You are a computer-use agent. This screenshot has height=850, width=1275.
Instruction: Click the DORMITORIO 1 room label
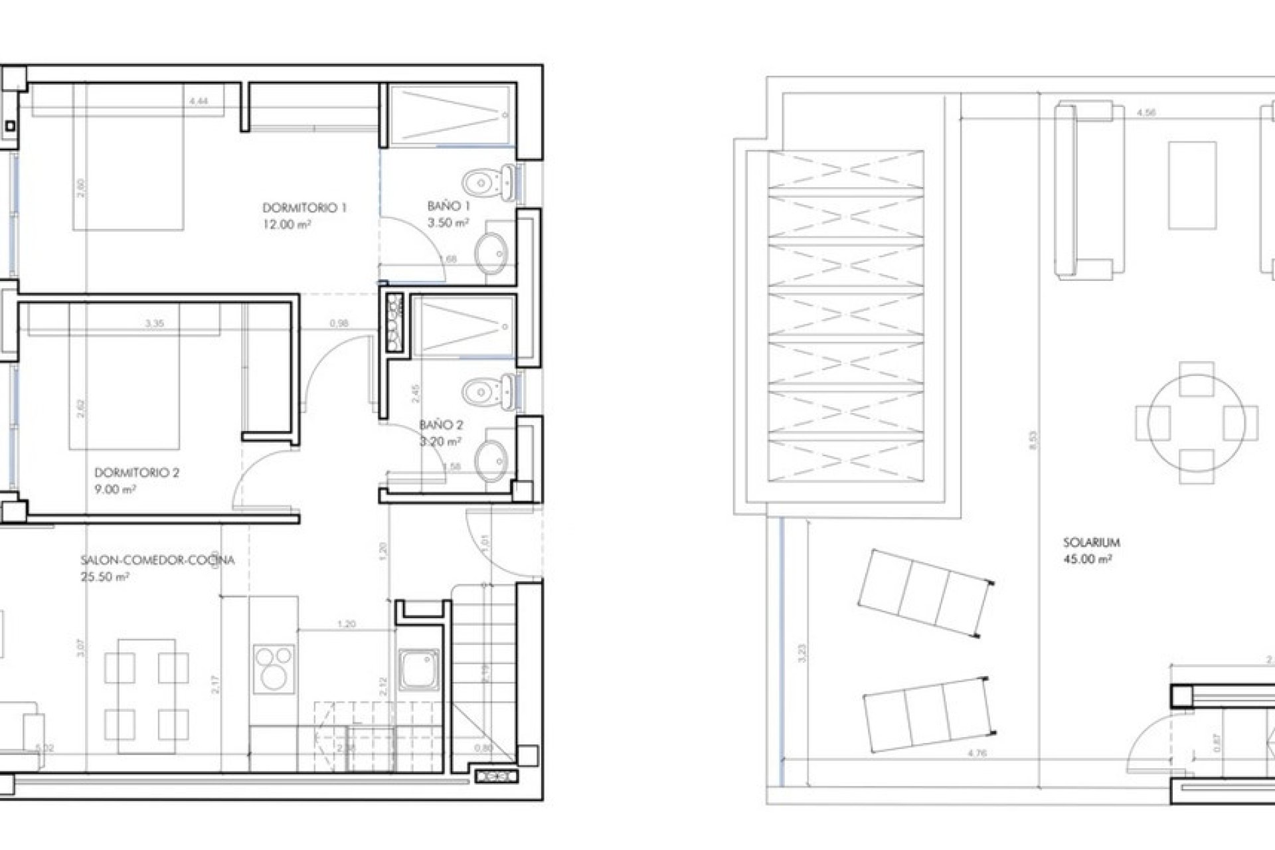coord(304,208)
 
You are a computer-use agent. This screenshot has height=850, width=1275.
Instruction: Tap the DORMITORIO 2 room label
coord(137,473)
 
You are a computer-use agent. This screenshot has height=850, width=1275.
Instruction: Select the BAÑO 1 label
coord(449,207)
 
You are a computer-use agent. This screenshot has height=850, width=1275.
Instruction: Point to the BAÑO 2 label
coord(441,425)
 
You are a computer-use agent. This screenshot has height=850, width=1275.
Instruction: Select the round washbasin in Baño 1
coord(491,252)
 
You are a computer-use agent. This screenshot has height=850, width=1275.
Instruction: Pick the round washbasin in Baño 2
coord(492,459)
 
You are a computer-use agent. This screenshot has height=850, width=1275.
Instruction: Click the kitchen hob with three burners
coord(274,667)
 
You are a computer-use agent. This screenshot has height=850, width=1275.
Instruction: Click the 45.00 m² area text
coord(1087,559)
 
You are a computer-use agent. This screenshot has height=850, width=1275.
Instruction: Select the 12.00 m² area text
coord(287,224)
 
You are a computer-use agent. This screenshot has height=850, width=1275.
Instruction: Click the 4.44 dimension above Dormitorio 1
coord(199,102)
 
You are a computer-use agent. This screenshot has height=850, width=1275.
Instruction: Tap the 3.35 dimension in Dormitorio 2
coord(155,323)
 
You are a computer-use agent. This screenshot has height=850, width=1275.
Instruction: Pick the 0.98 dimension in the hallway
coord(339,323)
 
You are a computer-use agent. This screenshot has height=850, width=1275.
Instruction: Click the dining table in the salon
coord(147,696)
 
